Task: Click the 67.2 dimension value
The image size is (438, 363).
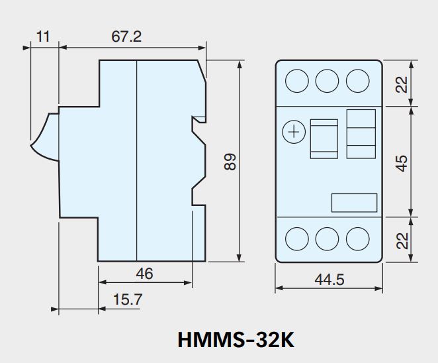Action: click(x=126, y=36)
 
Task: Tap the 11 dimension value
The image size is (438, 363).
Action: click(x=43, y=36)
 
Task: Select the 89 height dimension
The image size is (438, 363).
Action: click(x=230, y=162)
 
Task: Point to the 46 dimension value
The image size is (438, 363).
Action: click(x=144, y=274)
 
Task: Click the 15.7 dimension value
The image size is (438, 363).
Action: click(x=128, y=299)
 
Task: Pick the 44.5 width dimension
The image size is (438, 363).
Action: click(x=329, y=280)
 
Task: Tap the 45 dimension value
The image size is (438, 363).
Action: click(x=402, y=164)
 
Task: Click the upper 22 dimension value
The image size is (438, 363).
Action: click(x=402, y=85)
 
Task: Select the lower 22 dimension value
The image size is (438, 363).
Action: click(x=402, y=241)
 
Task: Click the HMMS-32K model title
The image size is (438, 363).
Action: click(x=236, y=340)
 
